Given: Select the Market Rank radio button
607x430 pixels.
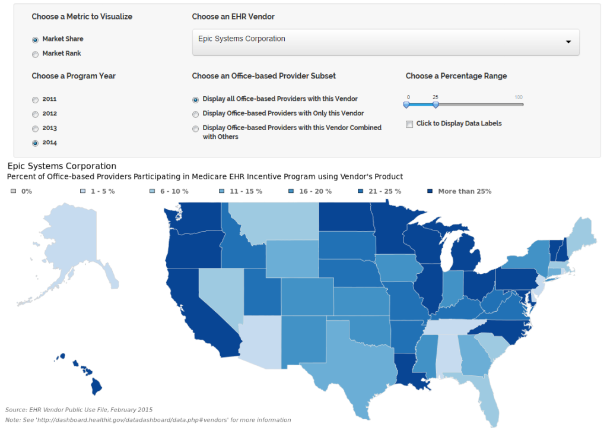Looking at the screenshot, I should (36, 54).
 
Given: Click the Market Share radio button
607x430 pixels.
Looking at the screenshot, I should (36, 40).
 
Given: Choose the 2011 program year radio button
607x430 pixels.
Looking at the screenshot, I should (36, 100).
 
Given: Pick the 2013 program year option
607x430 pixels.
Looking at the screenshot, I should (36, 128).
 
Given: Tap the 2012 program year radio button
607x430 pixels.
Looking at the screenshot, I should (36, 114).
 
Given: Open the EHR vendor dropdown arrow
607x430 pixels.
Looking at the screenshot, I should (568, 42).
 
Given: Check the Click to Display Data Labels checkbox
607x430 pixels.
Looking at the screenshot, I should (409, 124).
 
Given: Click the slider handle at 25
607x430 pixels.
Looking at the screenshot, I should (436, 105).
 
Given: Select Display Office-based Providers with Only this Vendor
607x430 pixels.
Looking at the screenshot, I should (196, 113).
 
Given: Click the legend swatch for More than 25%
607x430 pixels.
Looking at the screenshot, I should (431, 191).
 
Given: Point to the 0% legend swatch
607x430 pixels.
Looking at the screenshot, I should (14, 191).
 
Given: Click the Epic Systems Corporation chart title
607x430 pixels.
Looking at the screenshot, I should (62, 166).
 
